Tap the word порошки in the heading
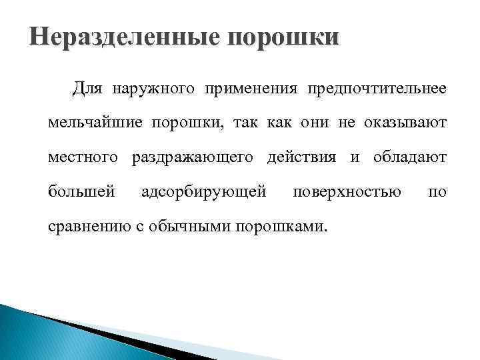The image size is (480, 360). click(x=283, y=37)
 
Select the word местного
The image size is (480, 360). click(x=83, y=158)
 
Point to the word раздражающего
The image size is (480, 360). click(x=193, y=158)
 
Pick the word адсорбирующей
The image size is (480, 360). click(x=205, y=193)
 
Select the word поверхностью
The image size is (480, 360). click(x=347, y=193)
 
